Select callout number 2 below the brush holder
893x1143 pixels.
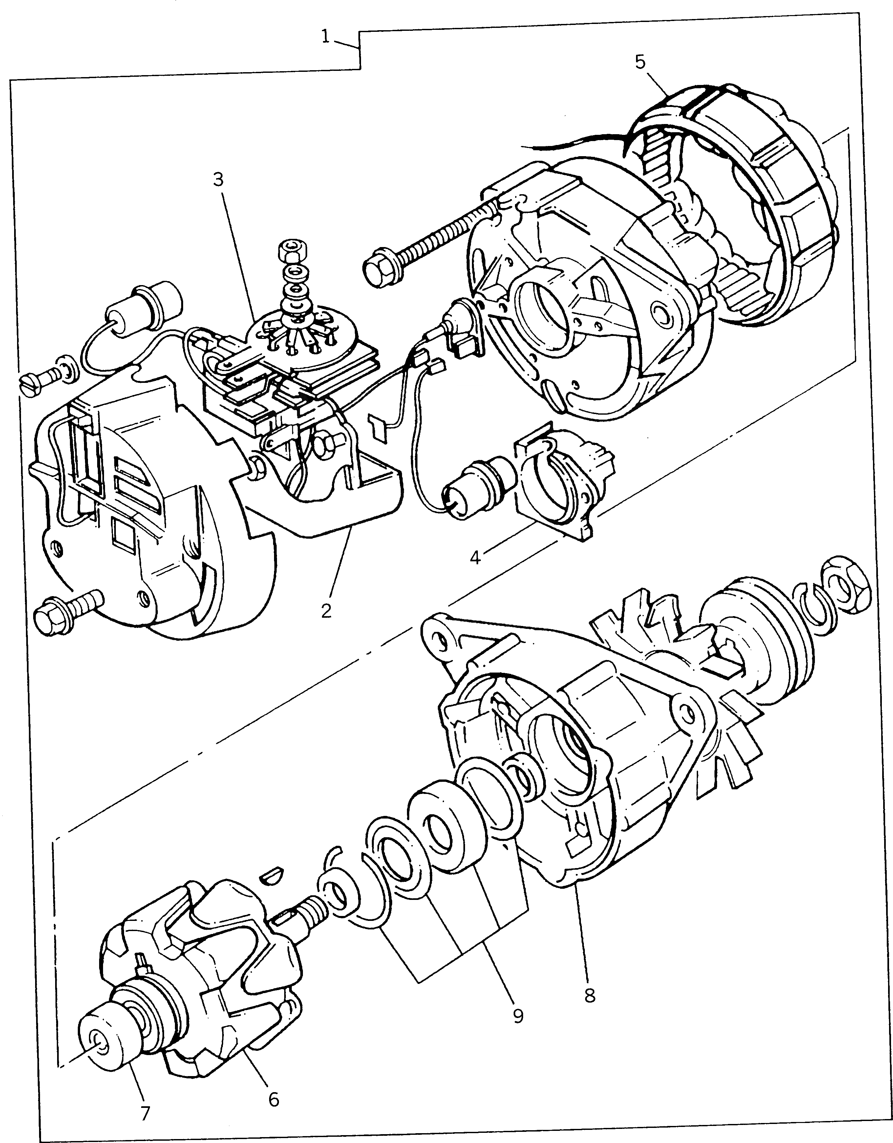326,610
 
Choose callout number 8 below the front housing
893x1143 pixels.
590,995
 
